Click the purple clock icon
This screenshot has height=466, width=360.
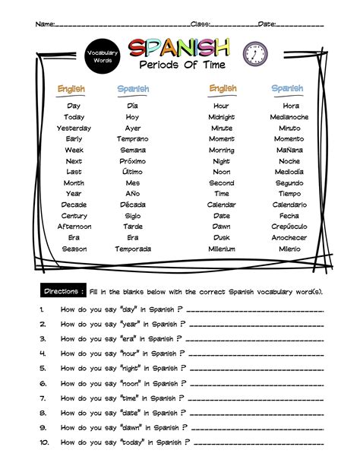click(254, 53)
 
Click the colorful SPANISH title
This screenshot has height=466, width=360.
click(178, 49)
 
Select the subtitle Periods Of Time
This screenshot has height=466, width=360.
click(178, 66)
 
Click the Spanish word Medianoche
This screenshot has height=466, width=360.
click(289, 117)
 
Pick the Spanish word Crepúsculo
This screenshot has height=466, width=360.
click(289, 227)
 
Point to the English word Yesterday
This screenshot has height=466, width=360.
click(74, 128)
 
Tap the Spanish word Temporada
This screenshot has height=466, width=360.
click(133, 249)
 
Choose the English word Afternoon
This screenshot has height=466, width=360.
click(74, 227)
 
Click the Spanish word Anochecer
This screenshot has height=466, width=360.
click(289, 237)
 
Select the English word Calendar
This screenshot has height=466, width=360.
click(221, 204)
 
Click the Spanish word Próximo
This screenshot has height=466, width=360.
click(133, 161)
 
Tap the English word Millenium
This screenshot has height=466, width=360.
click(221, 249)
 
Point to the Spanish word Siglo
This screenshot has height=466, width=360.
click(133, 216)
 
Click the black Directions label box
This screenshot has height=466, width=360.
click(63, 291)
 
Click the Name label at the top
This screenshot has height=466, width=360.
click(45, 25)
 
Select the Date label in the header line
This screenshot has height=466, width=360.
click(267, 25)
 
